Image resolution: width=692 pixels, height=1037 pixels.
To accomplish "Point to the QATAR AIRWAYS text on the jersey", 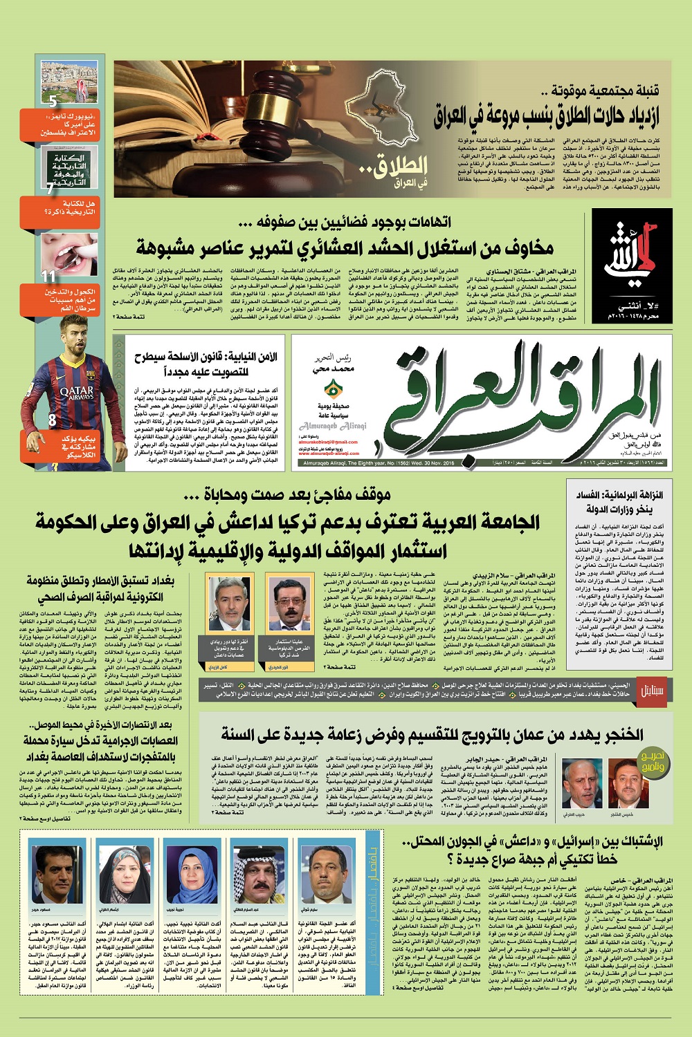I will (x=75, y=393).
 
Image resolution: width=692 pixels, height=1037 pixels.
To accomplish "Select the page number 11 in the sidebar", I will (x=48, y=277).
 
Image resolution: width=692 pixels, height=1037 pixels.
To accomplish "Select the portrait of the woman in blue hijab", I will (x=191, y=873).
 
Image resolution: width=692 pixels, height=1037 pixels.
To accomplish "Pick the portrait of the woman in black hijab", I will (x=125, y=873).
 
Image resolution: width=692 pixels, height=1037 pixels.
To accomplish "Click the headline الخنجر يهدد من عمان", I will (x=432, y=734).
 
